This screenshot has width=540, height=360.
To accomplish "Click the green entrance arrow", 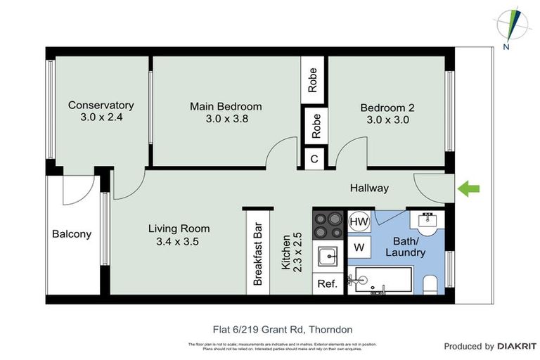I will click(x=469, y=188).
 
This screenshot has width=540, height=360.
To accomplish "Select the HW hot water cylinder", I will click(x=359, y=221).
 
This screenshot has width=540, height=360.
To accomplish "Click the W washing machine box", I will click(x=359, y=247).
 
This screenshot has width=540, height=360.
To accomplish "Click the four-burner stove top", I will click(x=328, y=225).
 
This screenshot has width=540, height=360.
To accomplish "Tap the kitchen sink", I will click(x=328, y=257).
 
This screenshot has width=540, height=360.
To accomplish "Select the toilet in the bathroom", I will click(x=431, y=283).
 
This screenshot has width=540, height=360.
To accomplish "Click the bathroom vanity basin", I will click(x=427, y=221).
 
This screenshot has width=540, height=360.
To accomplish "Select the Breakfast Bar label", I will click(x=258, y=254).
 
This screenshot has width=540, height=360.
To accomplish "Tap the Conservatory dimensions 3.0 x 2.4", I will click(x=101, y=117).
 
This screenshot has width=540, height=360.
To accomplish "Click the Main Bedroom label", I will click(x=225, y=107).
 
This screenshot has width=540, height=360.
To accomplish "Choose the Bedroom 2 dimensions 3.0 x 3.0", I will click(x=387, y=120).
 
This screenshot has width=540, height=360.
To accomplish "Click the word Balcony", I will click(x=72, y=234).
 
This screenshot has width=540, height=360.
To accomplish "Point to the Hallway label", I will click(x=369, y=188).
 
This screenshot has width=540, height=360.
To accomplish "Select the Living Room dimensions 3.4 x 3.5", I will click(x=179, y=242).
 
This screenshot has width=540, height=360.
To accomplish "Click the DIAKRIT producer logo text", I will click(x=517, y=346).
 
